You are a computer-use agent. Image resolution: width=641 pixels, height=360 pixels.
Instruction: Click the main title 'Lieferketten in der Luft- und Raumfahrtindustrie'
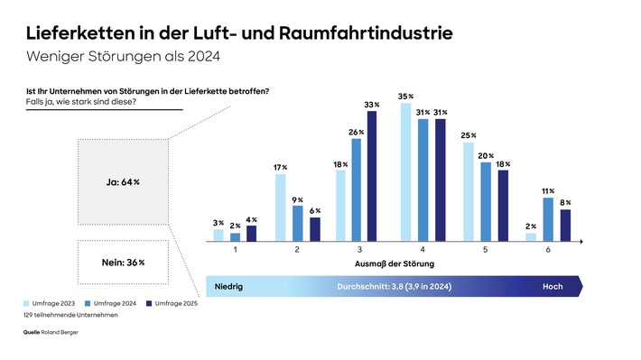[x=239, y=35]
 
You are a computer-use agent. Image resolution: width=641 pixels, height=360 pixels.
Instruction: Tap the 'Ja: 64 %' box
[x=123, y=182]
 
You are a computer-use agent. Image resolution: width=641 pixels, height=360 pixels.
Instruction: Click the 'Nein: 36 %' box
[x=123, y=263]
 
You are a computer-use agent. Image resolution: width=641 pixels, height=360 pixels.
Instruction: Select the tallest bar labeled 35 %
[x=405, y=172]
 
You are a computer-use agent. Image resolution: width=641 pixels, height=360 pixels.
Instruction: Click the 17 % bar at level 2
[x=279, y=208]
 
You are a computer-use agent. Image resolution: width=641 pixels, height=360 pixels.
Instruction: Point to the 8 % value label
[x=566, y=203]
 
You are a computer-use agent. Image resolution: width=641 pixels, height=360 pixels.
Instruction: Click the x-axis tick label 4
[x=423, y=249]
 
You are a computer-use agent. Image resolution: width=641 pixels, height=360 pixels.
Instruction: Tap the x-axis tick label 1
[x=235, y=249]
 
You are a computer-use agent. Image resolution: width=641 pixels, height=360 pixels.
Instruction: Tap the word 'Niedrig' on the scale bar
[x=229, y=286]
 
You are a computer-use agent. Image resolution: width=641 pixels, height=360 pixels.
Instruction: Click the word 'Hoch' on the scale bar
[x=552, y=286]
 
